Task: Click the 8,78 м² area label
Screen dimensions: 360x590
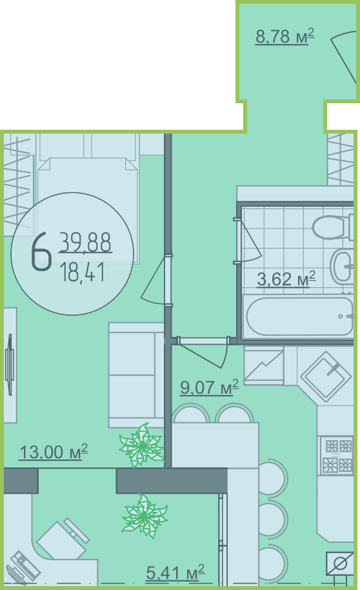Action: point(285,37)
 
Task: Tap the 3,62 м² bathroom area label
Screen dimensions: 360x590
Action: point(286,279)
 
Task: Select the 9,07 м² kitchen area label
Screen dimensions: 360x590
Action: point(209,387)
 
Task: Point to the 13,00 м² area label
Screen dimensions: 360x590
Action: point(53,451)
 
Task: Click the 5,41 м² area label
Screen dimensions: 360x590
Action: point(175,573)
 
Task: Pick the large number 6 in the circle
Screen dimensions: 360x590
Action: point(41,251)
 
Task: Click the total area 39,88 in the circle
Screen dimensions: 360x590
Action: point(85,242)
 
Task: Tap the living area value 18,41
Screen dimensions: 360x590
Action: point(82,272)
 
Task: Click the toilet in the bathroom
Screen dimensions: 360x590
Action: point(332,227)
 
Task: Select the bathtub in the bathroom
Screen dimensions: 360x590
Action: point(299,316)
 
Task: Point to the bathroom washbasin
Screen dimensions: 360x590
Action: point(341,267)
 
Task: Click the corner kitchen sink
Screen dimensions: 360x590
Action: point(326,376)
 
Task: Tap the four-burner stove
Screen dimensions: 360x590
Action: point(337,456)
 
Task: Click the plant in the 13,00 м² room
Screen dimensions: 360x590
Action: point(142,445)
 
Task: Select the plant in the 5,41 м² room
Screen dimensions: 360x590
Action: point(144,516)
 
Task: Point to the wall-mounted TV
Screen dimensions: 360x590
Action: point(10,364)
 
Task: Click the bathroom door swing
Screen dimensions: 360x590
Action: point(248,241)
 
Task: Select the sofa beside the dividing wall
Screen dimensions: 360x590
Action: point(136,375)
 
